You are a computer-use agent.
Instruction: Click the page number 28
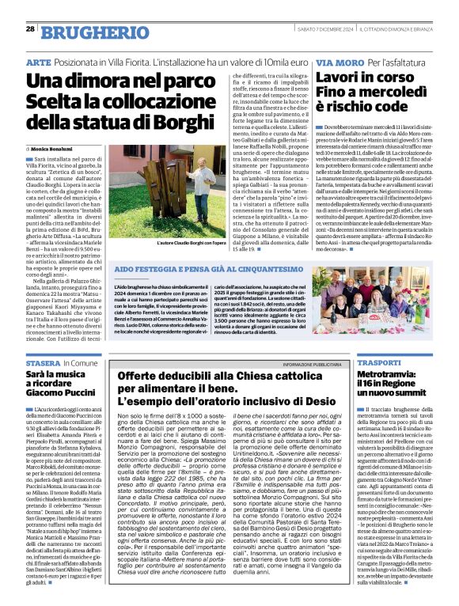click(30, 28)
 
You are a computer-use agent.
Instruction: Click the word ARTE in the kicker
click(38, 62)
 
